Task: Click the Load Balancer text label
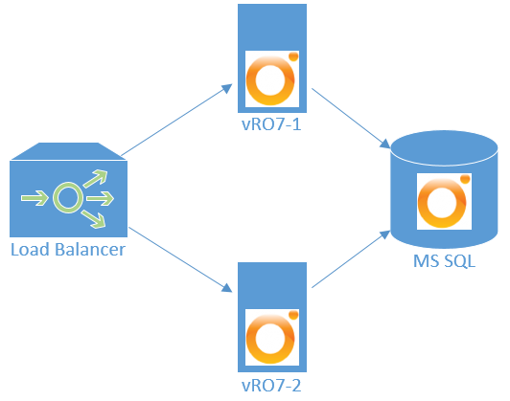coord(67,251)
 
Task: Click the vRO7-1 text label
coord(272,125)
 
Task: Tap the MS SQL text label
coord(446,261)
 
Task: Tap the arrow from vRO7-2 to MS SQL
coord(350,264)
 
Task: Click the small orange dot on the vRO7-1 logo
coord(293,58)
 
